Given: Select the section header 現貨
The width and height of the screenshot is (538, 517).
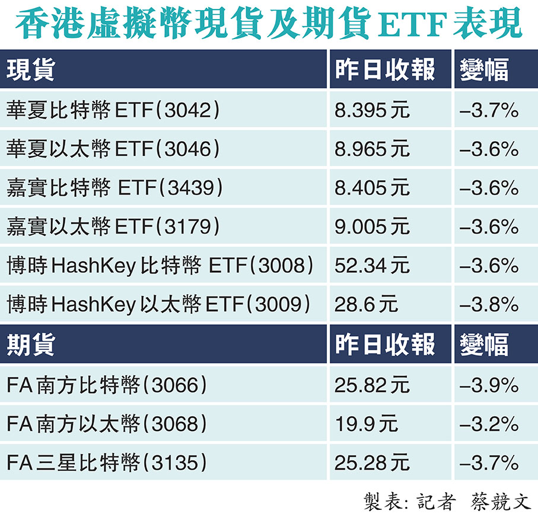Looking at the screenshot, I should tap(30, 70).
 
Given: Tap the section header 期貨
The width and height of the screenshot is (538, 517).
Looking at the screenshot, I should tap(30, 345).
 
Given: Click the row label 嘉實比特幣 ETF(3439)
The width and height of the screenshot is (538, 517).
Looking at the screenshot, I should tap(116, 187).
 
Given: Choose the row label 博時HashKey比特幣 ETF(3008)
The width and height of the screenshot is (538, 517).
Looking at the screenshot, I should tap(160, 265).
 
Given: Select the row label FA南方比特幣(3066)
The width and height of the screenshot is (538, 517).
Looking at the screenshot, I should tap(107, 385).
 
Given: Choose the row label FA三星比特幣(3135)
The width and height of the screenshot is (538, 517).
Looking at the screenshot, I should tap(107, 462).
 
